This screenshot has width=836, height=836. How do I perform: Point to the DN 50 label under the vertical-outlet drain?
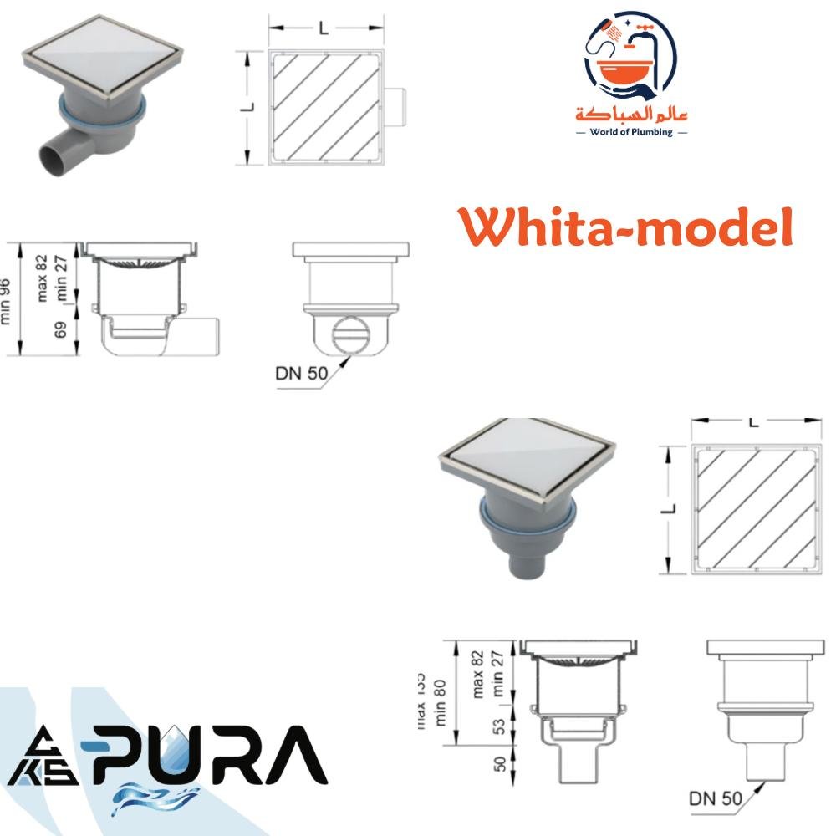coord(715,798)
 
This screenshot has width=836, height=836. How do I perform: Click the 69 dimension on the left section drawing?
coord(61,329)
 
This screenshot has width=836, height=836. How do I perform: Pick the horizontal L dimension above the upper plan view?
coord(324,28)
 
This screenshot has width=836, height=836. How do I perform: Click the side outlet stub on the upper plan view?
coord(399,107)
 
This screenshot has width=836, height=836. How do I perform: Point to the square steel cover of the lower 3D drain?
coord(527,459)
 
